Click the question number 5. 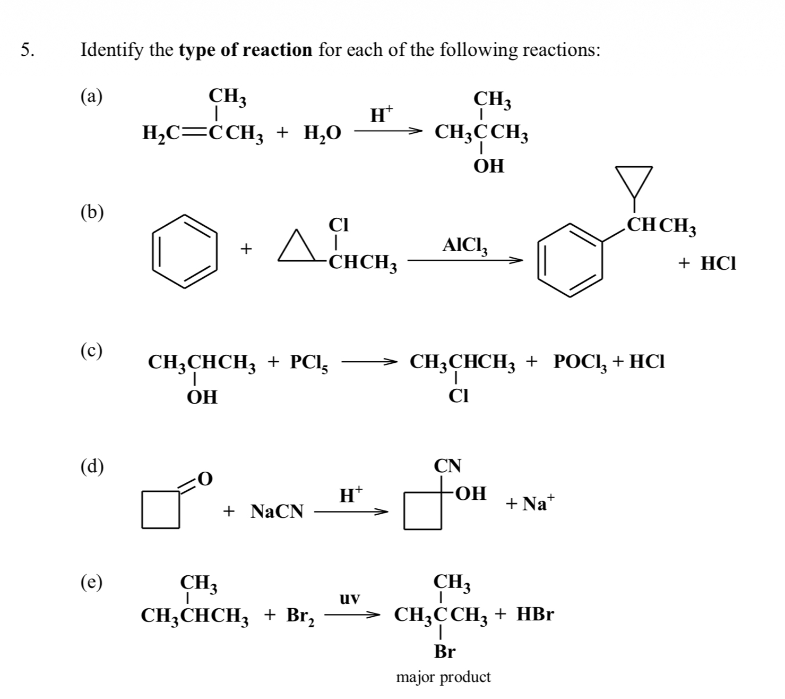[x=28, y=50]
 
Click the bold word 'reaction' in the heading [x=279, y=50]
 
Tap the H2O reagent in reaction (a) [x=322, y=133]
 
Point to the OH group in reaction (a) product [x=489, y=166]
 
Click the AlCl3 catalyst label [x=463, y=245]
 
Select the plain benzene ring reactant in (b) [x=185, y=251]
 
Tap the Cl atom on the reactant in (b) [x=338, y=225]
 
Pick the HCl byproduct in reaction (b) [x=718, y=263]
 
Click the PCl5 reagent [x=309, y=363]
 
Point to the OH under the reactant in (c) [x=202, y=397]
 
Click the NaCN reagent [x=277, y=512]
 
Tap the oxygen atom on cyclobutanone [x=205, y=479]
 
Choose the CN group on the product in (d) [x=448, y=466]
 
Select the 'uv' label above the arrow [x=350, y=599]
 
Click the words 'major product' [x=444, y=677]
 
